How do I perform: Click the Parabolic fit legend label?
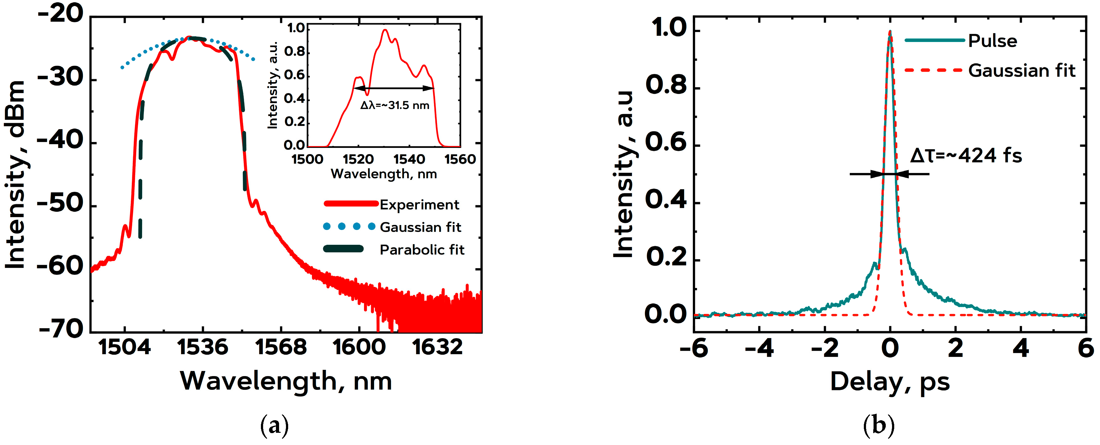click(x=422, y=249)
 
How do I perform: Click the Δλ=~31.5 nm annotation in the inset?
click(x=395, y=105)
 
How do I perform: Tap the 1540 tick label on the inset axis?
click(x=409, y=159)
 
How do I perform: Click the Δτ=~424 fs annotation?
click(x=966, y=155)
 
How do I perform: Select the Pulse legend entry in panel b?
click(x=992, y=41)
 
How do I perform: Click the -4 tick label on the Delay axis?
click(x=759, y=348)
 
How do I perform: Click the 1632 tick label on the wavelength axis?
click(x=437, y=347)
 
